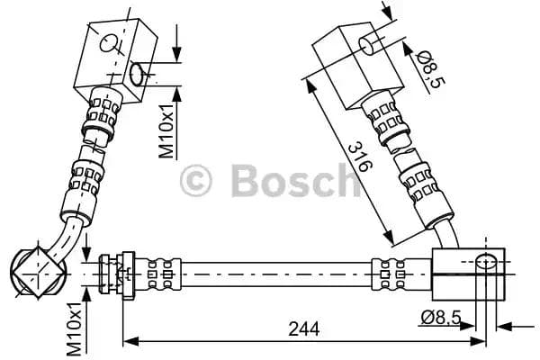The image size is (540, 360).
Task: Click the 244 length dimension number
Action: [304, 330]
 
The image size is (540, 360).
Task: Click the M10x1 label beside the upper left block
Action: [167, 130]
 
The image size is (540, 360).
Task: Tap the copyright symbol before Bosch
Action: [197, 181]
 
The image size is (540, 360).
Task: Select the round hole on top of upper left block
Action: [110, 41]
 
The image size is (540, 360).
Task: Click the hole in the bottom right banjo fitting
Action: [486, 263]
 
